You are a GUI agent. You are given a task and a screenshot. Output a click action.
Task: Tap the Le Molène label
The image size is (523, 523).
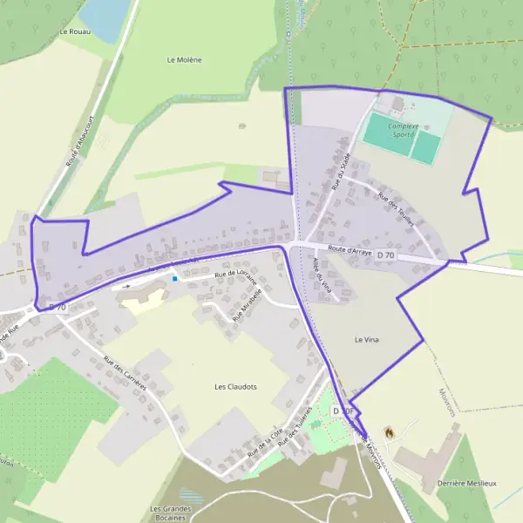[184, 59]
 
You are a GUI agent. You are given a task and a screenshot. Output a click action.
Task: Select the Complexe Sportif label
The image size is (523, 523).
[403, 130]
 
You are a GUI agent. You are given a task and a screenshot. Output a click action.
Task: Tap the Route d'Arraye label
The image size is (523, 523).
[350, 250]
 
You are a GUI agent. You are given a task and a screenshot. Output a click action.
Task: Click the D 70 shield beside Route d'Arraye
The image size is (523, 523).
[385, 255]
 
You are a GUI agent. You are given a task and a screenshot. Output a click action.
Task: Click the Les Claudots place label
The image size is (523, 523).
[235, 385]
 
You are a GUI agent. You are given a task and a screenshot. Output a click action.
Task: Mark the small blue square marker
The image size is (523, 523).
[174, 279]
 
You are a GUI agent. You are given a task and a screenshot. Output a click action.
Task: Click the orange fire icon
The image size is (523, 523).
[388, 431]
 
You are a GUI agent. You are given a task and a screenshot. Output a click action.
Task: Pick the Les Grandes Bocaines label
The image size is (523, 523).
[171, 513]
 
